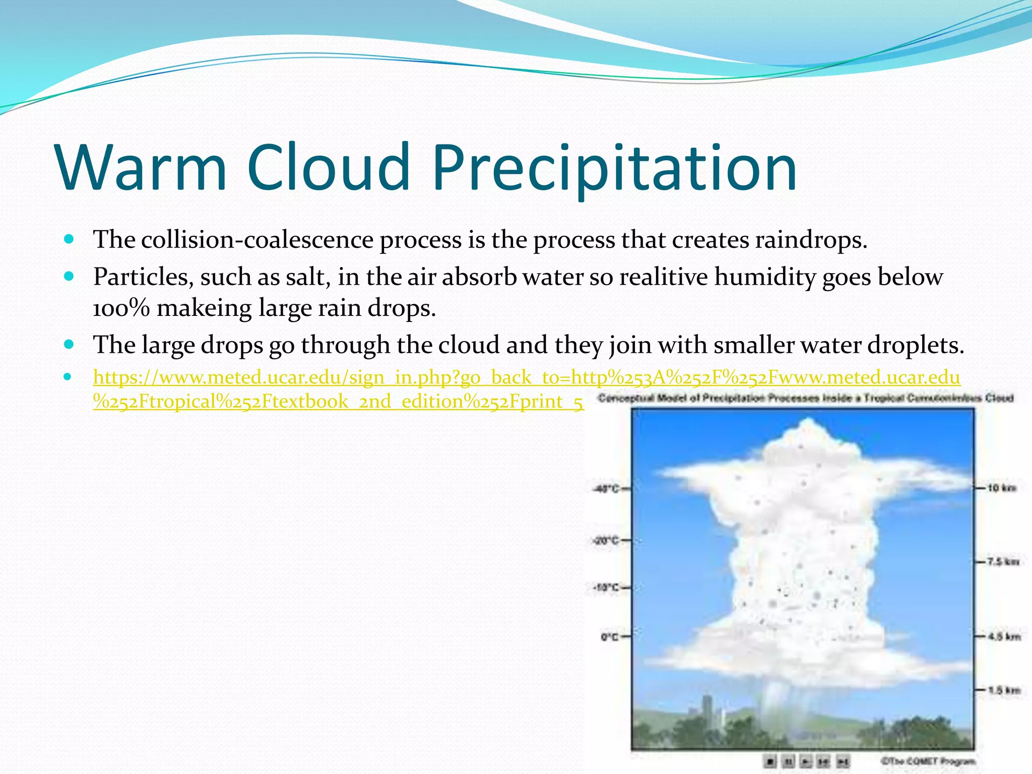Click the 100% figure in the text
(121, 308)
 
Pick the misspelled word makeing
(204, 308)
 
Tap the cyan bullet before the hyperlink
(69, 376)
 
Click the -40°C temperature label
(607, 488)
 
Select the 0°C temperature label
(609, 637)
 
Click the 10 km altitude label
(1001, 488)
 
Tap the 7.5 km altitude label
(1003, 561)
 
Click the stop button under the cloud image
(769, 761)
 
